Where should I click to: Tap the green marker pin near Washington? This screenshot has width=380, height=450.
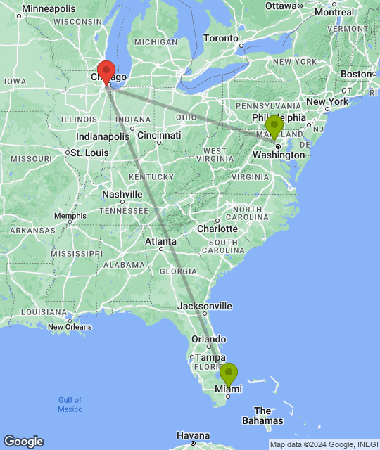pos(274,127)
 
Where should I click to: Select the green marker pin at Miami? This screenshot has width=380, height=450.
pos(229,374)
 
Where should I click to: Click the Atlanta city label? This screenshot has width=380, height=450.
pos(160,241)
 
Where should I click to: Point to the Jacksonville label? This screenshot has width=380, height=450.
pos(205,306)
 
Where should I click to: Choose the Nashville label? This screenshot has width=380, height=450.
pos(122,194)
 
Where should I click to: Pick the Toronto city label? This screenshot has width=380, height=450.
pos(220,38)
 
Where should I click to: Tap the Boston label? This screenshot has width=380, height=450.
pos(355,74)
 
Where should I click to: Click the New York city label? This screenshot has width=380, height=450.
pos(327,101)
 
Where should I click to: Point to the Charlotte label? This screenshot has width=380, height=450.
pos(217,229)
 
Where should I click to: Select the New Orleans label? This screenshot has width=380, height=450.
pos(70,326)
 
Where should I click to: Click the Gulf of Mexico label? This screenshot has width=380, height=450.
pos(70,404)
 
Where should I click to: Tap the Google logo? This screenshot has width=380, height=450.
pos(23,441)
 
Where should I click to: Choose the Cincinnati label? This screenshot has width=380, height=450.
pos(159,135)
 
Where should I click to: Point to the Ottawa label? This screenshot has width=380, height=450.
pos(281,6)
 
